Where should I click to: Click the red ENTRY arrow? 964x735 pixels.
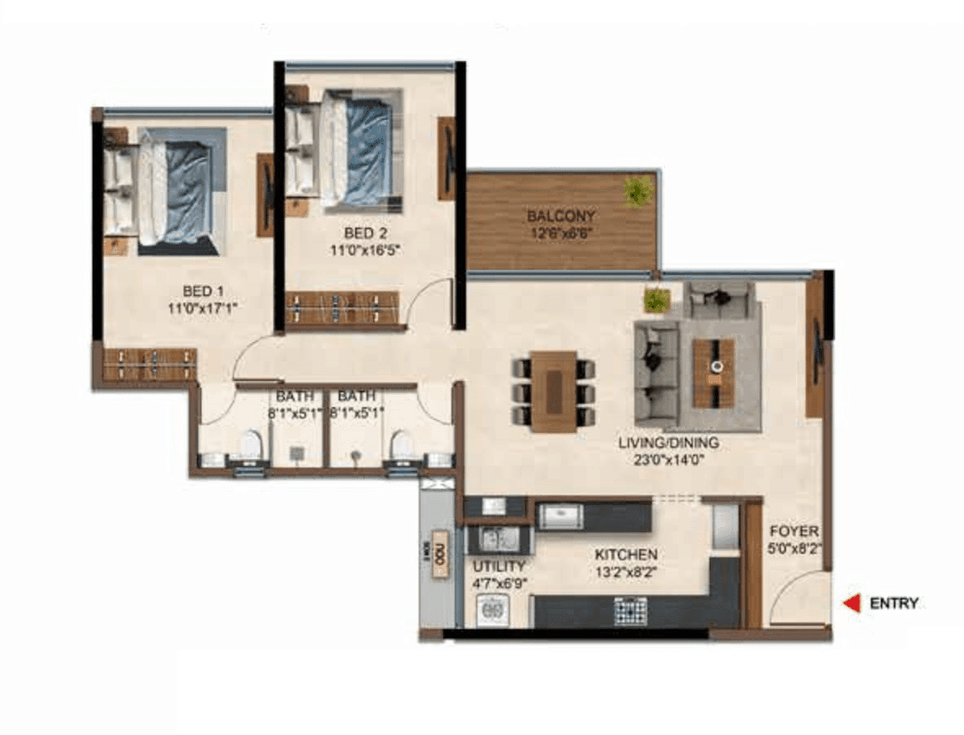click(x=851, y=604)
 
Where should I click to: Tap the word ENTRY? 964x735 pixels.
click(x=894, y=604)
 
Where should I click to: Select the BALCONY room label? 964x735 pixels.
click(x=561, y=217)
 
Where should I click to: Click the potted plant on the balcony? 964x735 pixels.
click(x=637, y=192)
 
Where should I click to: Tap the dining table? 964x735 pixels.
click(x=553, y=392)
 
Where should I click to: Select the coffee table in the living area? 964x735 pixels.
click(x=714, y=373)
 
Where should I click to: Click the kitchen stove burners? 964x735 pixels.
click(x=630, y=610)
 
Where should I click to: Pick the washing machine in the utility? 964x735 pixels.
click(x=492, y=610)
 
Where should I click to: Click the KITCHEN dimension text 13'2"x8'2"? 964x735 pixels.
click(x=626, y=572)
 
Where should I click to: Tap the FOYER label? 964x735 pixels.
click(x=794, y=532)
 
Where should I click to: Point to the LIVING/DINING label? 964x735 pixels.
click(x=668, y=443)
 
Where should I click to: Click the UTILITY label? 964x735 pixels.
click(x=499, y=566)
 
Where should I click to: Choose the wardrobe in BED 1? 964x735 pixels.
click(x=149, y=364)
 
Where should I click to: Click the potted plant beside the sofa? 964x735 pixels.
click(x=656, y=300)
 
